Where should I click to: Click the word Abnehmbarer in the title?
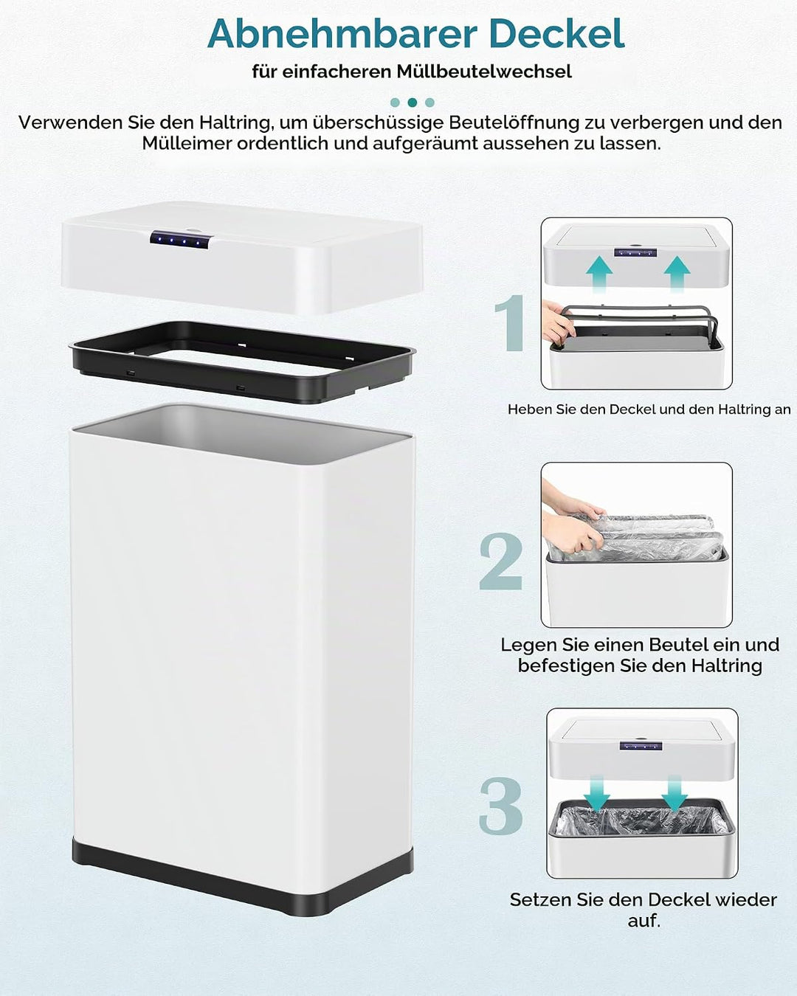point(342,34)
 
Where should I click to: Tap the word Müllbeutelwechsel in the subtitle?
point(484,72)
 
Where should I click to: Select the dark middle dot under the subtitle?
point(413,103)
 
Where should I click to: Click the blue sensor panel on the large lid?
point(182,240)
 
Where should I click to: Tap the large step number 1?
point(510,322)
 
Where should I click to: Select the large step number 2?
point(500,561)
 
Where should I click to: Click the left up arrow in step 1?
point(599,274)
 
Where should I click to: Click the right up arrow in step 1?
point(677,274)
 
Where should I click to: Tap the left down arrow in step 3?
point(597,794)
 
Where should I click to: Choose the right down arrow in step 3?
point(674,794)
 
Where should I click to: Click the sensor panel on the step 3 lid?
point(641,746)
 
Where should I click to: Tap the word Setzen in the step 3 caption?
point(540,899)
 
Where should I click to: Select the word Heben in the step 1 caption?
point(524,409)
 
